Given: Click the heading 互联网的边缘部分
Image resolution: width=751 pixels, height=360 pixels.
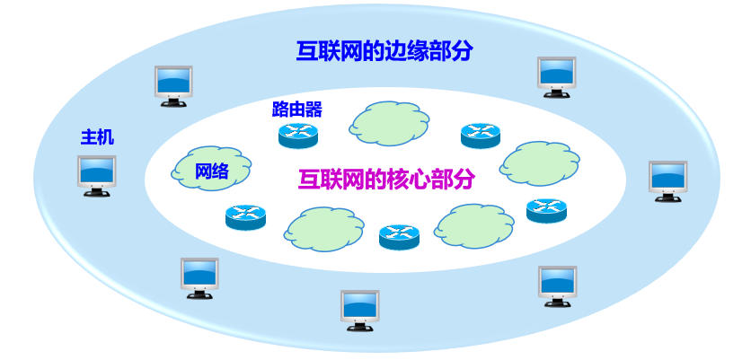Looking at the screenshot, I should [384, 50].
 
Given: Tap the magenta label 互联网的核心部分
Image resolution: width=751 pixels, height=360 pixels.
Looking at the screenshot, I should [386, 179].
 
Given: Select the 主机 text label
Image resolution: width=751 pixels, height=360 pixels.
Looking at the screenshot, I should [98, 139].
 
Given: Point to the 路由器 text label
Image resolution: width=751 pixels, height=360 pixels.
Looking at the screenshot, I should [296, 110].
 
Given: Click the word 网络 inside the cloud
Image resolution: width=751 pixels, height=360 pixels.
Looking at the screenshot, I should [212, 171].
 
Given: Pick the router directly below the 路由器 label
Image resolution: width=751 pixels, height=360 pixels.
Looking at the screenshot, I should [298, 136].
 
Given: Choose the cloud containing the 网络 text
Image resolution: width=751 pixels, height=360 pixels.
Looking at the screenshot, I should [211, 167].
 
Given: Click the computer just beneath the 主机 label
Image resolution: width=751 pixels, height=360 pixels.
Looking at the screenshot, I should [96, 175].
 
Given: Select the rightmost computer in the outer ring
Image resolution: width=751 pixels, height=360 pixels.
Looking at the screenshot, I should [667, 180].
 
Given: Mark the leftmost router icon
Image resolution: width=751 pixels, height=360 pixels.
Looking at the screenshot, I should [246, 217].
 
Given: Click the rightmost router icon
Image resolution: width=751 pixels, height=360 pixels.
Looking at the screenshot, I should [546, 211].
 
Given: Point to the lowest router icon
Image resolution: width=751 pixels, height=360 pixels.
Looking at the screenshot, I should [399, 237].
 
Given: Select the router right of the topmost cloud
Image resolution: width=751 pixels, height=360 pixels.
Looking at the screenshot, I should [480, 136].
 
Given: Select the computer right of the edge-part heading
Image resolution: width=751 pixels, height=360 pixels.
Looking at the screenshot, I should [556, 76].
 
